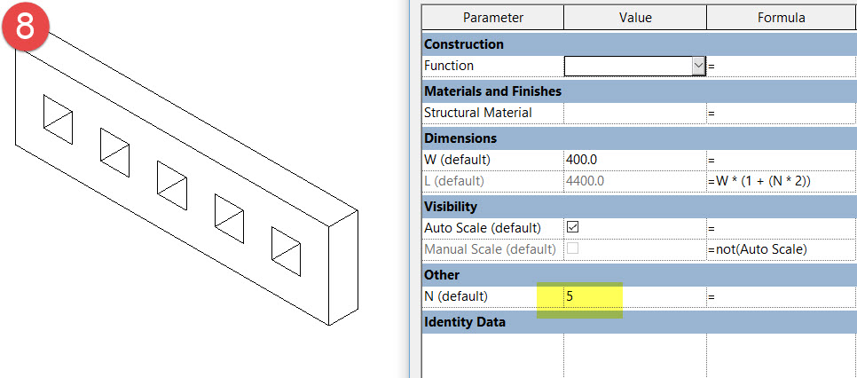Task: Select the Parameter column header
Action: tap(492, 18)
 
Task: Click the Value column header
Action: tap(634, 18)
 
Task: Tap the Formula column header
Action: tap(781, 18)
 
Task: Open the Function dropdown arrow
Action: tap(697, 66)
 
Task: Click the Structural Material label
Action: tap(478, 113)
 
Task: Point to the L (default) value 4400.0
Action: tap(586, 181)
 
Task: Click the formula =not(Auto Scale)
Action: tap(757, 249)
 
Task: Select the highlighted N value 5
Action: tap(570, 295)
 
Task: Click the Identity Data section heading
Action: tap(465, 322)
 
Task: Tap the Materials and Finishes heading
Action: tap(492, 91)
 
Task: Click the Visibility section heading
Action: tap(451, 206)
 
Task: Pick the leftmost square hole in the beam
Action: tap(58, 115)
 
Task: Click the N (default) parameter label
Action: tap(456, 295)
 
